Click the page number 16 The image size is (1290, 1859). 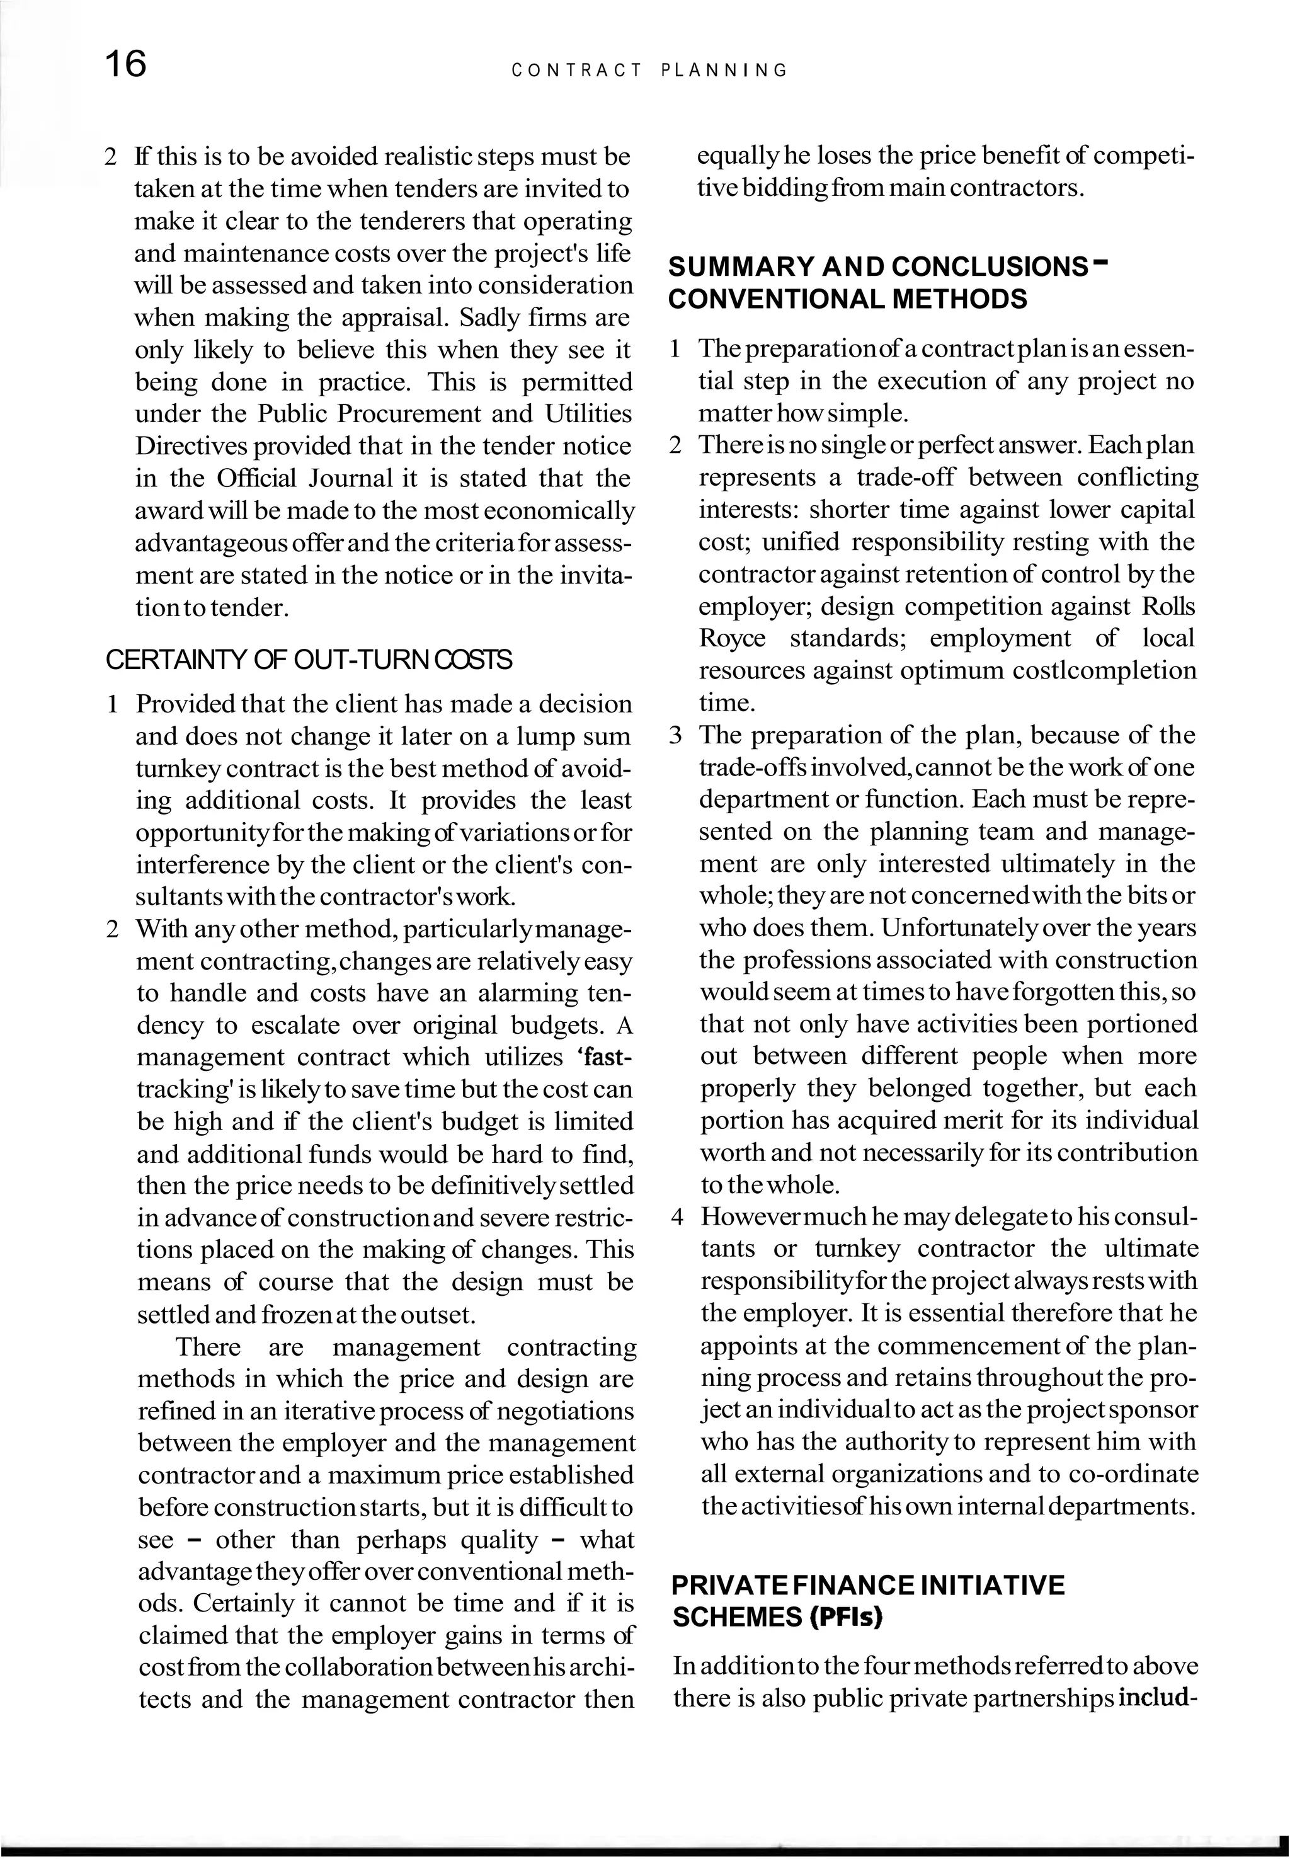point(126,64)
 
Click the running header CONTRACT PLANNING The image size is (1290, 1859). point(649,71)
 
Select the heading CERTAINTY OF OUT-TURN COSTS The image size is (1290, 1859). point(309,660)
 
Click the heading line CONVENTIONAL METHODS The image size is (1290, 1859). point(848,300)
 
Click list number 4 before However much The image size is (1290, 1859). point(677,1217)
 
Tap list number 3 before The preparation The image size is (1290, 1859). point(676,736)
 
